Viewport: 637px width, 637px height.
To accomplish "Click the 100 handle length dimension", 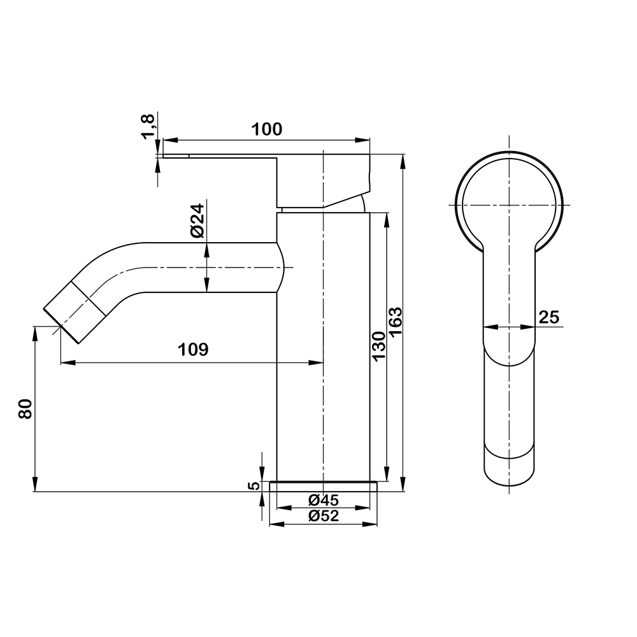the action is click(x=266, y=129).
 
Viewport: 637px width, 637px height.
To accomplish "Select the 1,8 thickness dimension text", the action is click(x=148, y=127).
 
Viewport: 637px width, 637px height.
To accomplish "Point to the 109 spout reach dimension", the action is click(x=194, y=349).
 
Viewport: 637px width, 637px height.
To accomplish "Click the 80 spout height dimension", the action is click(x=25, y=409).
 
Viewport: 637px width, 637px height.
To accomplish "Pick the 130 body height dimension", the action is click(x=378, y=346).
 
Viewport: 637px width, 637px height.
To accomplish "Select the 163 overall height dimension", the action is click(x=396, y=321).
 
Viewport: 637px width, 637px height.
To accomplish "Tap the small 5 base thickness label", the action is click(x=254, y=485).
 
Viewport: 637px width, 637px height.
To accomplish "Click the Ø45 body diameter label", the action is click(x=324, y=499).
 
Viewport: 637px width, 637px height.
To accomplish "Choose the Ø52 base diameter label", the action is click(x=324, y=516).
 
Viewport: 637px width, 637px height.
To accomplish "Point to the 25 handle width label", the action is click(x=549, y=317).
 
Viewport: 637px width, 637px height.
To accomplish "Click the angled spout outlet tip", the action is click(x=61, y=326).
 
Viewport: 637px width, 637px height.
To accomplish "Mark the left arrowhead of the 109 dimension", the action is click(x=68, y=362).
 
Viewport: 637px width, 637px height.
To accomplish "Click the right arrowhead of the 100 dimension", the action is click(x=362, y=141).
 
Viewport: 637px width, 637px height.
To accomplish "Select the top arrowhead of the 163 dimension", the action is click(x=403, y=162).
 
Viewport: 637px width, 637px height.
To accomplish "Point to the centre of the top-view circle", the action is click(x=510, y=204).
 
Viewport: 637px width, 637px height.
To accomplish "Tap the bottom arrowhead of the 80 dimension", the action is click(x=35, y=484).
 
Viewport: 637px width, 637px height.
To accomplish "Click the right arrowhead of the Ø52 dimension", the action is click(x=369, y=524).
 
